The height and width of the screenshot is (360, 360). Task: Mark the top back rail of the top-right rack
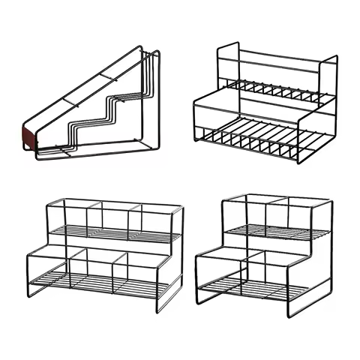[x=277, y=55]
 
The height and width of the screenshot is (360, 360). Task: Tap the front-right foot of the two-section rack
[x=289, y=316]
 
